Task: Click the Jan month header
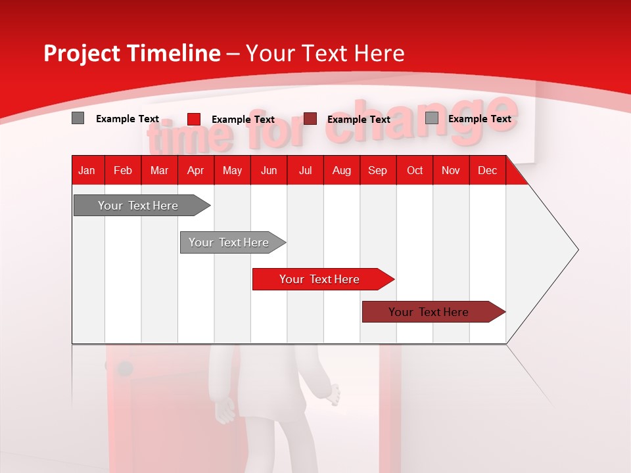click(x=87, y=170)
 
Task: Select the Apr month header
click(x=195, y=170)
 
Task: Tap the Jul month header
click(x=305, y=170)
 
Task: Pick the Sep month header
click(x=377, y=170)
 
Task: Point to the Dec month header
click(x=487, y=170)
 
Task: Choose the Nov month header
click(x=450, y=170)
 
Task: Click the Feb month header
click(x=123, y=170)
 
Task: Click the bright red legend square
click(x=194, y=119)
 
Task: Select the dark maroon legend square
click(x=310, y=118)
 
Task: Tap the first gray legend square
click(x=78, y=118)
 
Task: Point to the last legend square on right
click(x=432, y=118)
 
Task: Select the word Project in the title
click(x=80, y=53)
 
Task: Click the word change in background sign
click(x=421, y=120)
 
